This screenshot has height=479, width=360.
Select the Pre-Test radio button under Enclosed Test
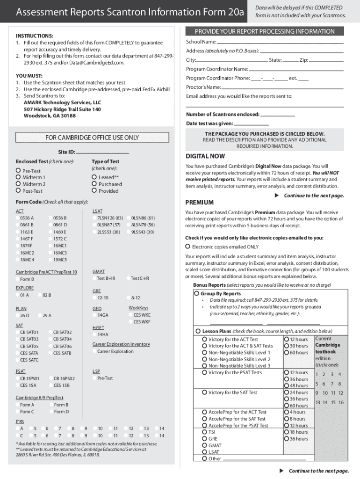click(x=18, y=171)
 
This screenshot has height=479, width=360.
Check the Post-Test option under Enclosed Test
click(x=18, y=190)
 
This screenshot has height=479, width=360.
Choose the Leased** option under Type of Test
click(x=94, y=177)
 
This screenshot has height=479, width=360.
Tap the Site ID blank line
click(x=102, y=152)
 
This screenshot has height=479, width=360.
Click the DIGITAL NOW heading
click(x=205, y=156)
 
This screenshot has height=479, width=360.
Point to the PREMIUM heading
click(x=200, y=203)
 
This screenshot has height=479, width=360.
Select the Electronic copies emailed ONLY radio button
click(x=188, y=247)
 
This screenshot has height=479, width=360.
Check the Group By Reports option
click(x=196, y=294)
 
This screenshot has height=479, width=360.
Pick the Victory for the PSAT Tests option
click(x=205, y=372)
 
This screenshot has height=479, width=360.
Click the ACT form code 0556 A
click(x=18, y=218)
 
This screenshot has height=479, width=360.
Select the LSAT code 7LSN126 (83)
click(x=95, y=218)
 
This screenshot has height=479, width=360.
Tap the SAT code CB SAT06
click(x=51, y=346)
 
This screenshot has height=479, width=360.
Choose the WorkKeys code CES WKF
click(x=131, y=322)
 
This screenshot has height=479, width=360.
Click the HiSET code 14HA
click(x=95, y=334)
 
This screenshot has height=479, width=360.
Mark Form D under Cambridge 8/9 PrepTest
click(x=51, y=412)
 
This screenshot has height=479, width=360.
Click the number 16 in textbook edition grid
click(x=341, y=402)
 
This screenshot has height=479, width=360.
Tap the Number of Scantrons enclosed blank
click(x=278, y=115)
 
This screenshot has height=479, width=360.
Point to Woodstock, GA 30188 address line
click(x=50, y=116)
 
